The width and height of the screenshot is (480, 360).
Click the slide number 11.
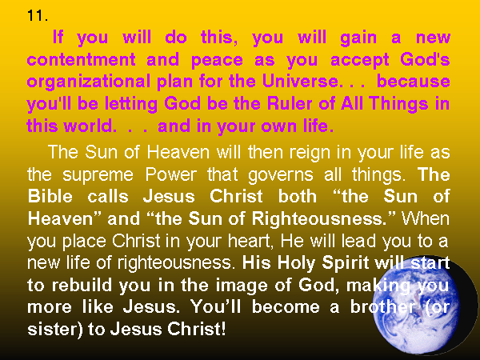tap(38, 16)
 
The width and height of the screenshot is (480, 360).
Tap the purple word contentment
tap(81, 59)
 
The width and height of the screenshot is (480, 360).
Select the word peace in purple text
tap(217, 60)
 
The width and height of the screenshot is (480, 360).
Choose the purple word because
tap(414, 81)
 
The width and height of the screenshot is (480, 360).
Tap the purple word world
tap(90, 126)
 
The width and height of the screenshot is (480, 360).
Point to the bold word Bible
tap(50, 196)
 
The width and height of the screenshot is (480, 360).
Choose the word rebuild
tap(82, 286)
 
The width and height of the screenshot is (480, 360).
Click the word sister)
tap(54, 330)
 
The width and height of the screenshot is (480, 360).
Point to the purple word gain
tap(358, 38)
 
